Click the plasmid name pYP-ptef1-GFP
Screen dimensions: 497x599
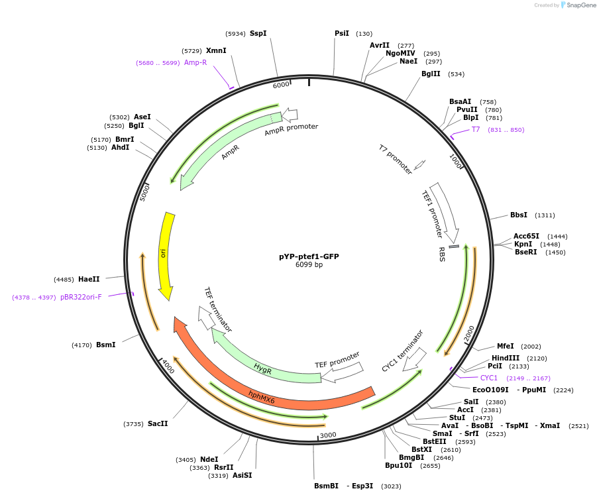coord(309,256)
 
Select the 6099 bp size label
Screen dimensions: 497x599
coord(309,265)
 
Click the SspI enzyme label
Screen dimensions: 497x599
coord(258,33)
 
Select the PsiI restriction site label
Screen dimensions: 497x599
coord(342,33)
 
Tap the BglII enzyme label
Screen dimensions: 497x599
coord(431,74)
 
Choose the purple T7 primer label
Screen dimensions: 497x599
coord(476,129)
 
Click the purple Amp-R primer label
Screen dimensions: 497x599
coord(195,62)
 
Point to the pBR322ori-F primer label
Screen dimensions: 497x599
coord(81,297)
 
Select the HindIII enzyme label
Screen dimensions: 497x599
coord(506,358)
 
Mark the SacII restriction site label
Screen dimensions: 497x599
coord(158,423)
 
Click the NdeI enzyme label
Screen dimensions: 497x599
coord(209,459)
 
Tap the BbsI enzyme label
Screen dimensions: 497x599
coord(519,215)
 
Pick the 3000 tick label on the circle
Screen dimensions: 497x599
coord(329,435)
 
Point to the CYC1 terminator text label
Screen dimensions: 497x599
coord(402,351)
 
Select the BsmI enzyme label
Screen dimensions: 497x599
coord(106,345)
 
